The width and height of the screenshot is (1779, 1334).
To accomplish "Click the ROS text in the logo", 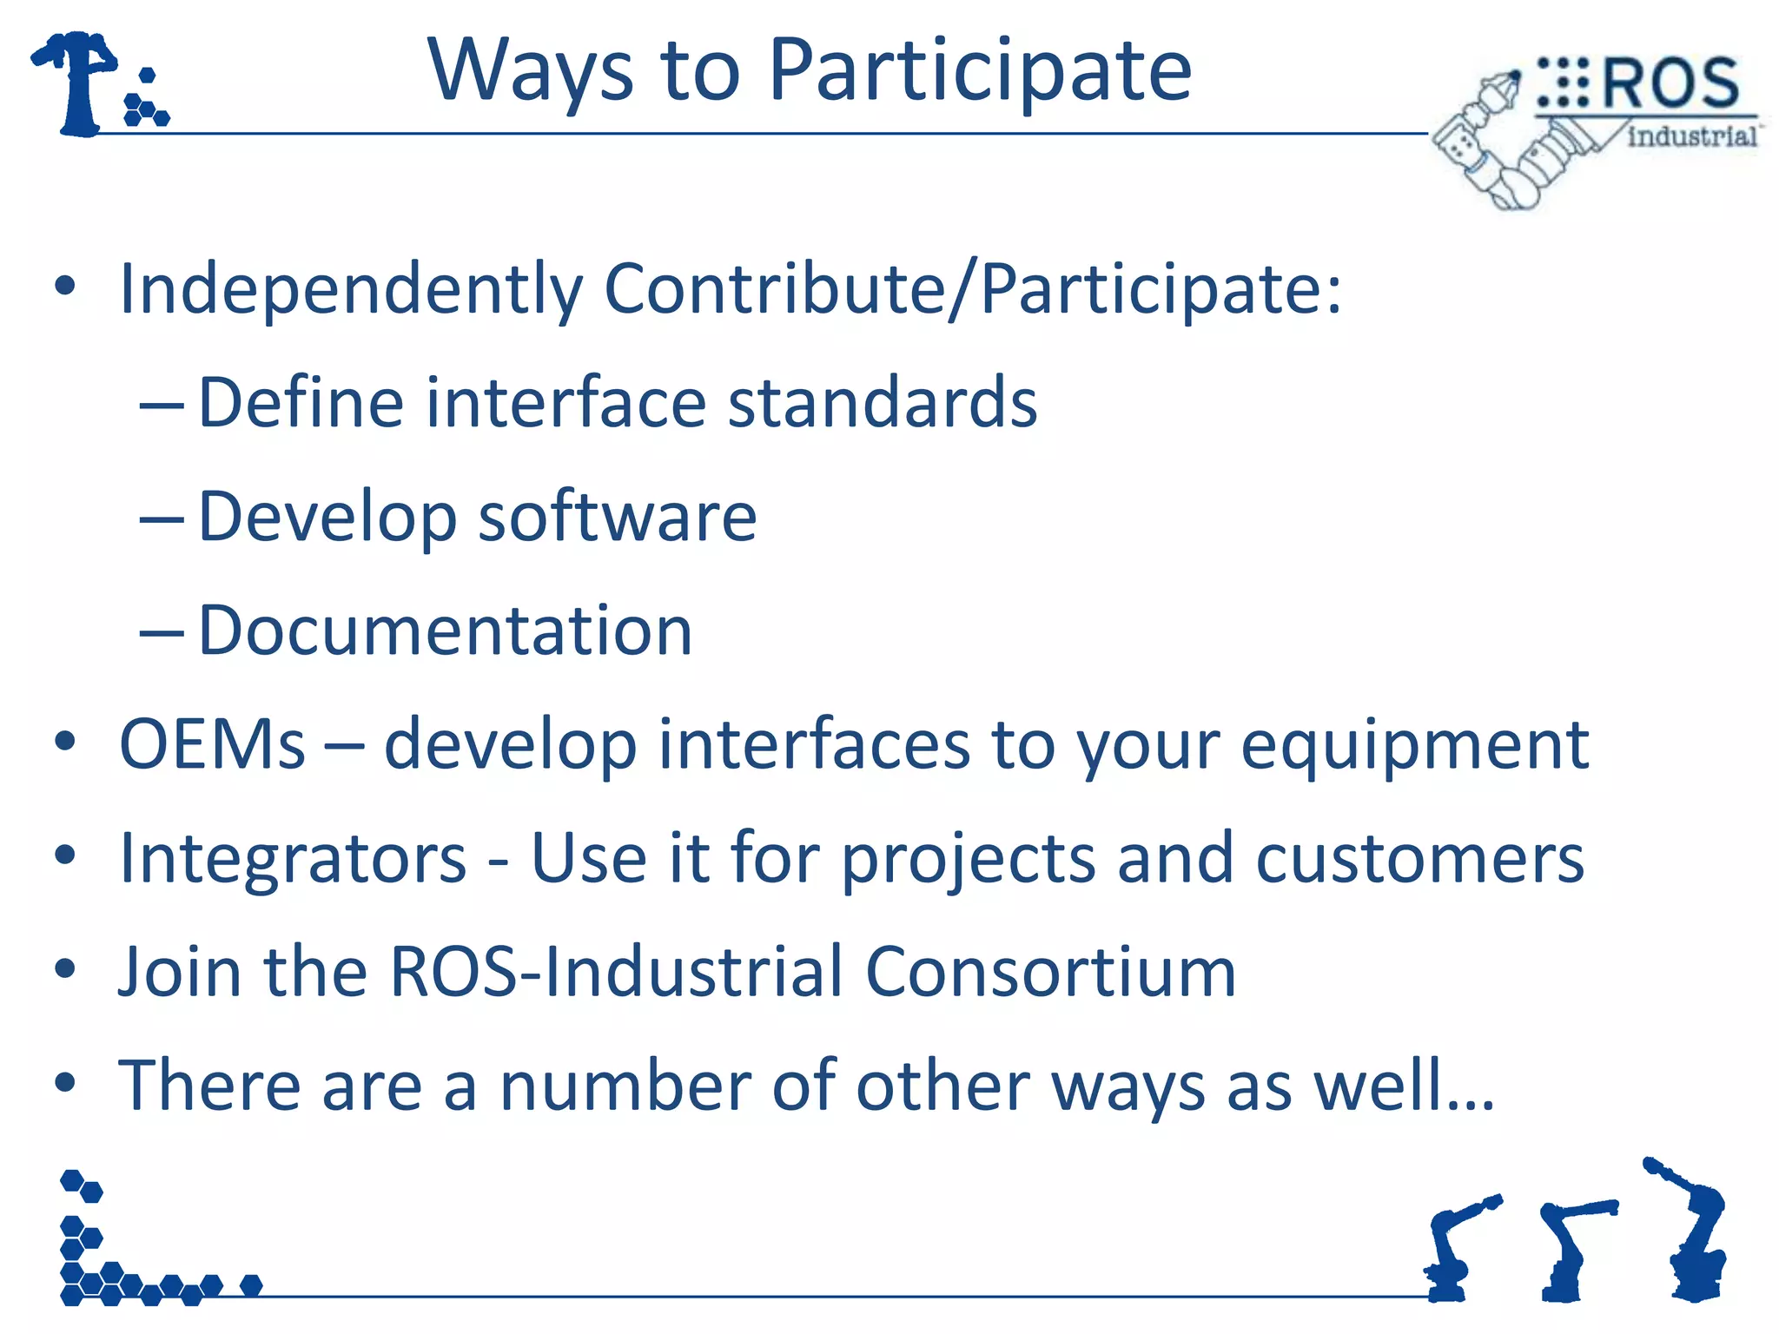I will [1670, 84].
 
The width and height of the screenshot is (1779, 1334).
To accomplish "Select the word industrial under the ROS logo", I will [1691, 136].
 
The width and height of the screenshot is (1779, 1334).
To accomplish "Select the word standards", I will [882, 403].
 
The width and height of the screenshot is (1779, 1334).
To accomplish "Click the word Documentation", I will [445, 631].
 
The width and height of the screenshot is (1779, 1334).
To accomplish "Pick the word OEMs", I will [212, 744].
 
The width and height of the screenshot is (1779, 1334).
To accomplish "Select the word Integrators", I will [293, 858].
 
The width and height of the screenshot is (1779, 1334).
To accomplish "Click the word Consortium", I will [1050, 972].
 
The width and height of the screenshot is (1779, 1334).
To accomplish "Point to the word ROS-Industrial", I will [616, 972].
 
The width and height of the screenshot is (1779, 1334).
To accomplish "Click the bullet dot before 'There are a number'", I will [65, 1083].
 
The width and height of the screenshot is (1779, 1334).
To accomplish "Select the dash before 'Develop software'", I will [162, 519].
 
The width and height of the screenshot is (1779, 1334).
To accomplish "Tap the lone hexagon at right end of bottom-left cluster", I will [251, 1285].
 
